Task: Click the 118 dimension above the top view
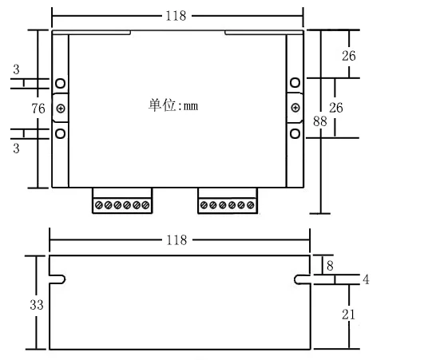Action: point(176,15)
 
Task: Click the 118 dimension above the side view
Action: point(176,239)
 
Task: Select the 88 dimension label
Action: point(320,122)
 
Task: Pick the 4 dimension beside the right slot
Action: point(366,279)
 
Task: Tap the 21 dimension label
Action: point(348,315)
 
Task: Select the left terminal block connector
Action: point(121,204)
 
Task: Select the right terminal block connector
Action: point(228,204)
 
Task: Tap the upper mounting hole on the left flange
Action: point(61,83)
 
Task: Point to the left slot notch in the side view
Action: point(57,279)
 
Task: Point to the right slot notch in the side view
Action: point(303,279)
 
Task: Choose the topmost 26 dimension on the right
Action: point(348,56)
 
